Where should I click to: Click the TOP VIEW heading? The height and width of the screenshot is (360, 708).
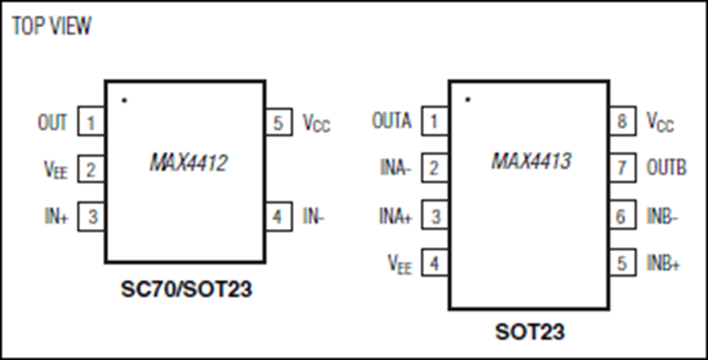[51, 26]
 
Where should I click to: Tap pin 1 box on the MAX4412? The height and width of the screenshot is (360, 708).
[91, 122]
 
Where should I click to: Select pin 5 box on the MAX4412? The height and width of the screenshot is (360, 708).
[279, 122]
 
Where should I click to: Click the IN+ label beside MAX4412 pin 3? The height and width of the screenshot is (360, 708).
[56, 217]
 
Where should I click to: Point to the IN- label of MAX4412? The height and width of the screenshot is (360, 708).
[314, 217]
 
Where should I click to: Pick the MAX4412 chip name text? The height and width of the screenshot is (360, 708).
[188, 163]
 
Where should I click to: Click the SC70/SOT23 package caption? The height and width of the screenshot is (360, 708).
[186, 289]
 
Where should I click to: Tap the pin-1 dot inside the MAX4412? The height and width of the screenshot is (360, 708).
[125, 100]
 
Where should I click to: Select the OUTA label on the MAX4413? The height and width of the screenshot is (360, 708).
[392, 121]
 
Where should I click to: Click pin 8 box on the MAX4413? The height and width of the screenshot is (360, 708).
[622, 121]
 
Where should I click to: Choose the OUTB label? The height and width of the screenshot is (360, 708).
[666, 168]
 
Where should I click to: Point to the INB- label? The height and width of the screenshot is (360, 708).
[663, 217]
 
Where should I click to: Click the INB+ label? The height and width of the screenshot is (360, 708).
[663, 264]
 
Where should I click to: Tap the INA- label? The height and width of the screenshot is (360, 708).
[396, 168]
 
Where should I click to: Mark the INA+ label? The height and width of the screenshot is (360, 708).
[395, 217]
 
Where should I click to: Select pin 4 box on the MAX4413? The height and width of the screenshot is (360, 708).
[435, 263]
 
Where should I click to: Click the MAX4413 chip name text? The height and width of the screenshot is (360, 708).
[531, 161]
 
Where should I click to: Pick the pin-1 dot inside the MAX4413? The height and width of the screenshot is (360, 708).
[468, 99]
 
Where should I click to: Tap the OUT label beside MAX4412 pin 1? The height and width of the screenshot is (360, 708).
[53, 122]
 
